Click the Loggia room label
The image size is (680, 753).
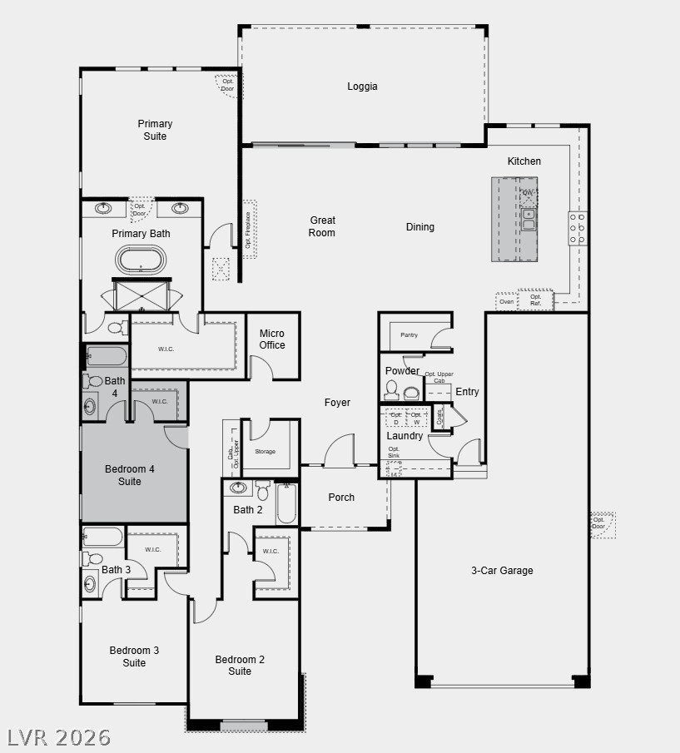point(362,86)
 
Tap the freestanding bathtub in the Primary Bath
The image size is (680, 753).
point(141,260)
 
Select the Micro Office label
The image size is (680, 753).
point(272,339)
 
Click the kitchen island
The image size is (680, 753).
point(514,219)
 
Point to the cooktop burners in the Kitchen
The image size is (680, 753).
point(577,228)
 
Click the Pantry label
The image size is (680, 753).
point(409,335)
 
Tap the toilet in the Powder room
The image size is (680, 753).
point(391,391)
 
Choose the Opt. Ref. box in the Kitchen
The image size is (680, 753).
point(535,300)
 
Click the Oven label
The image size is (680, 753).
point(506,302)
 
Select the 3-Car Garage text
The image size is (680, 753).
point(502,571)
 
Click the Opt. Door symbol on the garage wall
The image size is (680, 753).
point(603,525)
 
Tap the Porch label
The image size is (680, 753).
point(341,498)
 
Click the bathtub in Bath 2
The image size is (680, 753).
point(286,503)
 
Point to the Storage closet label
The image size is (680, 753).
point(265,452)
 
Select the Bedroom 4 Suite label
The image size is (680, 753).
point(130,475)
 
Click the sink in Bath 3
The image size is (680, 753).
point(89,585)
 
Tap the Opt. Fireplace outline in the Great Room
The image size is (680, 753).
point(249,229)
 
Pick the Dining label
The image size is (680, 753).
point(419,227)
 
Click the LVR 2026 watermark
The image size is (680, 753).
point(58,737)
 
